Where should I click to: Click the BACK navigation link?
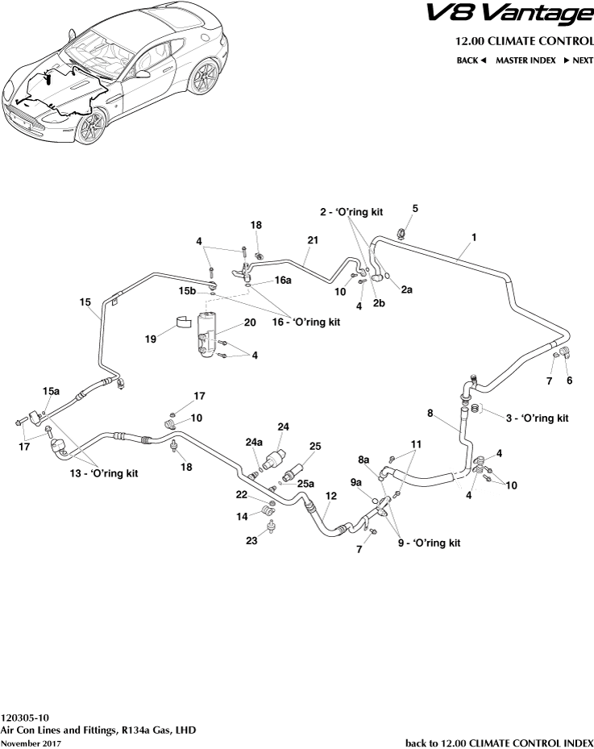pyautogui.click(x=471, y=60)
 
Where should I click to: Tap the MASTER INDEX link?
pyautogui.click(x=525, y=60)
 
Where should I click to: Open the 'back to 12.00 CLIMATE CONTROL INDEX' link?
pyautogui.click(x=498, y=742)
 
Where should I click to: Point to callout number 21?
pyautogui.click(x=313, y=240)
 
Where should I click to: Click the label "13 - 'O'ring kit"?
pyautogui.click(x=103, y=473)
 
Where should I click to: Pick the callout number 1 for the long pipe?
pyautogui.click(x=474, y=237)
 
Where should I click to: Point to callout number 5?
pyautogui.click(x=415, y=209)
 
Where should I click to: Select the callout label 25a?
pyautogui.click(x=305, y=484)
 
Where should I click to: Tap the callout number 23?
pyautogui.click(x=251, y=541)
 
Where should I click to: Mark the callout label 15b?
pyautogui.click(x=187, y=290)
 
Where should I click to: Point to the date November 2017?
pyautogui.click(x=31, y=743)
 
